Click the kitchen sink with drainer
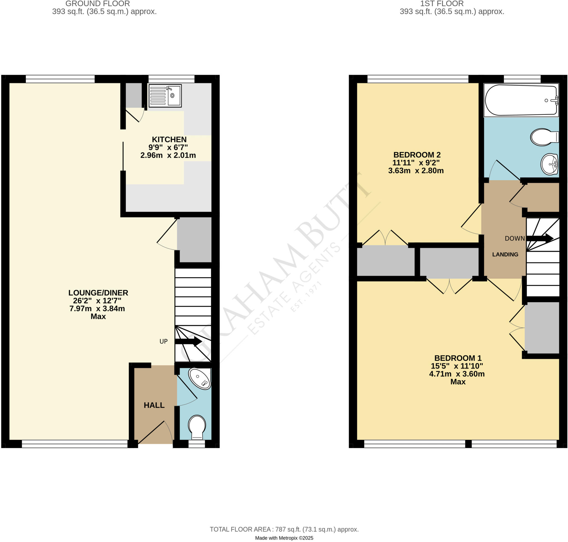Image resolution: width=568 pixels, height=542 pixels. click(x=165, y=95)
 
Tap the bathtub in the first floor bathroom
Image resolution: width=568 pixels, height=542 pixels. click(x=521, y=100)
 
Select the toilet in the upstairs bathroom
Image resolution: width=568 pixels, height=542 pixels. click(x=544, y=137)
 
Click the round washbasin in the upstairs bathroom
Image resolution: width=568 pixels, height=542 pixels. click(x=549, y=164)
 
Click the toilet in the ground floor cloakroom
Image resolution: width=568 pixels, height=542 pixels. click(x=197, y=427)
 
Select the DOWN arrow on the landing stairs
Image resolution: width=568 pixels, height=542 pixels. click(x=539, y=238)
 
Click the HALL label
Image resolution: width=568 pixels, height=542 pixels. click(x=154, y=405)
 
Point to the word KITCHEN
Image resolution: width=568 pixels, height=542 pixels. click(x=169, y=139)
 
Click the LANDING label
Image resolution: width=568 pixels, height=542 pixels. click(x=505, y=255)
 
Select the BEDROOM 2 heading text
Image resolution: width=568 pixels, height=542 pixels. click(x=417, y=155)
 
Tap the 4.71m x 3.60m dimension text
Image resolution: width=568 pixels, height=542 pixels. click(x=457, y=374)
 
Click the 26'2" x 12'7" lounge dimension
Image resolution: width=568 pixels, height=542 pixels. click(x=97, y=301)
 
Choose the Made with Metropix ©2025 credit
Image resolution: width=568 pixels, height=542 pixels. click(x=284, y=538)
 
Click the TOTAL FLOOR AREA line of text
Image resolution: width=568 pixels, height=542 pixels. click(x=284, y=529)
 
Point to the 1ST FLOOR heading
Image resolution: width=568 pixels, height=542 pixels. click(x=442, y=4)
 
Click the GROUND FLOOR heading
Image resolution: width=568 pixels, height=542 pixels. click(x=97, y=4)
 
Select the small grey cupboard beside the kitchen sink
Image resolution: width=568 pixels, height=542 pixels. click(x=133, y=95)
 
